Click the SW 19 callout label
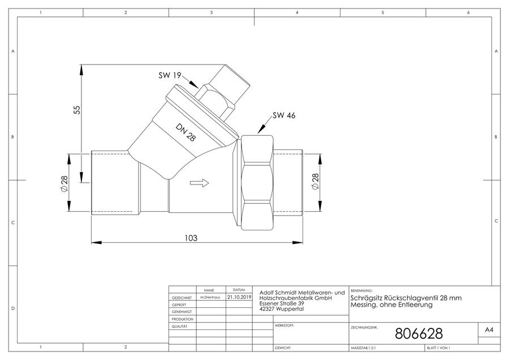point(170,75)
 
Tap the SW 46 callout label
point(284,115)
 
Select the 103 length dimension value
point(191,238)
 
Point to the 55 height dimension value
point(76,109)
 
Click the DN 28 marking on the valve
point(186,132)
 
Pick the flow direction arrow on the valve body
point(199,183)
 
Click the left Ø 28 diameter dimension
point(64,183)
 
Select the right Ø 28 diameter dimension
point(315,181)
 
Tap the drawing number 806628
point(419,333)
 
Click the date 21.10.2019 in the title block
point(239,297)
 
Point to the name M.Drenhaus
point(210,297)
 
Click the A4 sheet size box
point(489,330)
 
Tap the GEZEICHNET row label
point(182,298)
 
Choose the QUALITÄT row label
point(179,326)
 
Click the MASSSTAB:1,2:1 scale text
point(364,348)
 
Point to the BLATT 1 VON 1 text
point(438,348)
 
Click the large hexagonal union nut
point(257,183)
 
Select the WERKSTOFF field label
point(284,325)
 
